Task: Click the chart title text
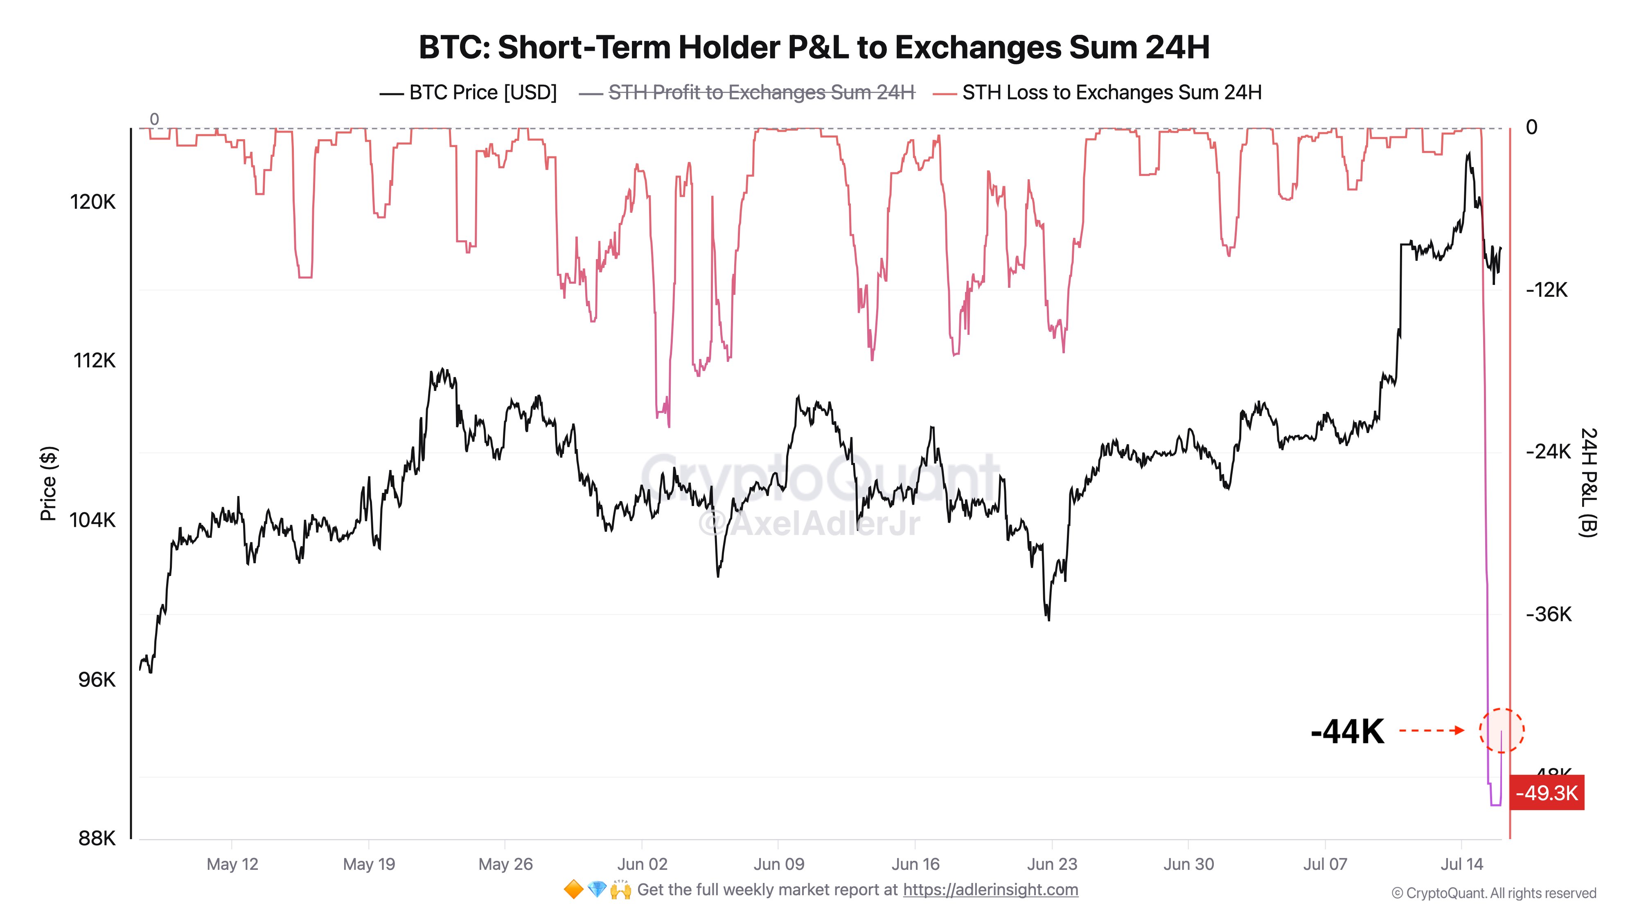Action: (x=814, y=47)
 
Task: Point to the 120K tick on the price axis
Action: (x=93, y=202)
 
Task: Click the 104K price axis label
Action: (x=93, y=520)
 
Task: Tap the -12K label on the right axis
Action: (x=1547, y=290)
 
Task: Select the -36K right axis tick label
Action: (x=1548, y=614)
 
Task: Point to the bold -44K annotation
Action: (x=1347, y=731)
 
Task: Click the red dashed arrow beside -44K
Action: (x=1432, y=730)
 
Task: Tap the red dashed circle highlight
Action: (x=1501, y=730)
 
